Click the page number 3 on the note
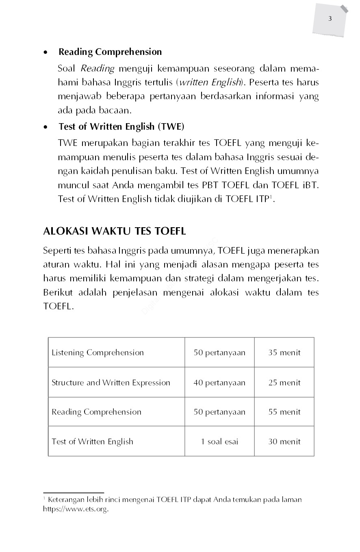pos(330,19)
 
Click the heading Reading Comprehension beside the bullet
pos(110,52)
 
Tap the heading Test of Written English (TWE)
pos(121,127)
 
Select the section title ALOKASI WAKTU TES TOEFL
pos(114,231)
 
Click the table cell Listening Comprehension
pos(98,353)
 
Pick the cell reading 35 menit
pos(284,353)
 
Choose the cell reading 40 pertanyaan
pos(219,383)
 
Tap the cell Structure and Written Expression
pos(111,383)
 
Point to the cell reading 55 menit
pos(284,412)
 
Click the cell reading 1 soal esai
pos(219,442)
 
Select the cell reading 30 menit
pos(284,442)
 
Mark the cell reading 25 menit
pos(284,383)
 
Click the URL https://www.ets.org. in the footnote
pos(76,509)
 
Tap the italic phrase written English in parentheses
pos(210,83)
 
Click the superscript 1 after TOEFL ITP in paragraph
pos(270,197)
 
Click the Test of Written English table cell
pos(92,442)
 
